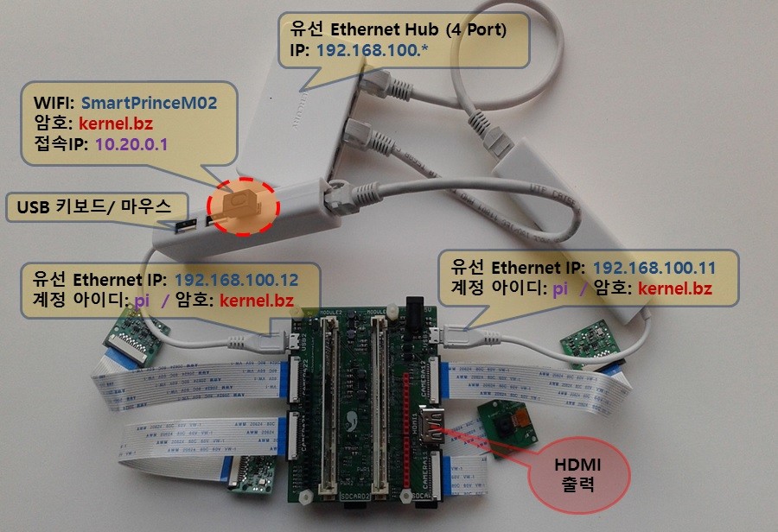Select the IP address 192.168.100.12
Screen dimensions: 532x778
click(236, 281)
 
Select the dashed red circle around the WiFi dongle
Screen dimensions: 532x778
click(244, 205)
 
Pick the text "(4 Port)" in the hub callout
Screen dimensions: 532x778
click(475, 29)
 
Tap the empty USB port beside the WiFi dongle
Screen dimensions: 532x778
click(187, 228)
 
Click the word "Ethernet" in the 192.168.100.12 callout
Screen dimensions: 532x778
click(104, 281)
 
